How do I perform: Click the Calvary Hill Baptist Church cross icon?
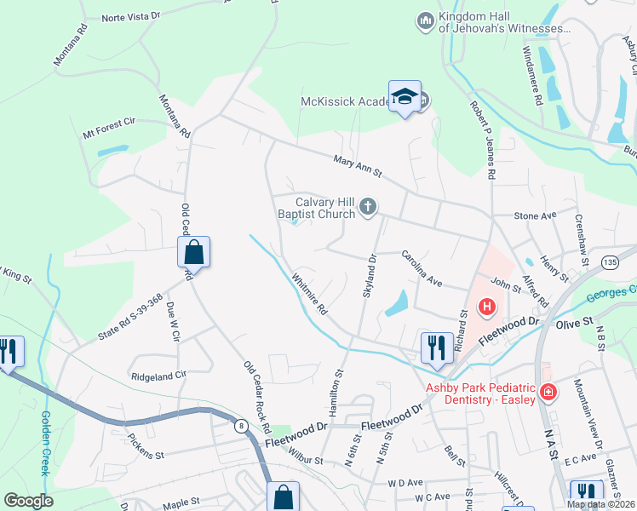pyautogui.click(x=368, y=206)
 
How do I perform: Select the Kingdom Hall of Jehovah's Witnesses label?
pyautogui.click(x=502, y=23)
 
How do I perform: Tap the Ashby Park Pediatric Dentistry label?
pyautogui.click(x=481, y=393)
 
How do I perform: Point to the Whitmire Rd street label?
pyautogui.click(x=309, y=294)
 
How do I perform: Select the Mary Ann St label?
pyautogui.click(x=355, y=160)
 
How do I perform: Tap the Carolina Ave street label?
pyautogui.click(x=422, y=267)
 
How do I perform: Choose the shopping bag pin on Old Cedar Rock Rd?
pyautogui.click(x=193, y=252)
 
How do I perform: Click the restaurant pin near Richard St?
pyautogui.click(x=437, y=347)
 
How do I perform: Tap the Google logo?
pyautogui.click(x=29, y=501)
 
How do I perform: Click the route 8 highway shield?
pyautogui.click(x=242, y=423)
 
